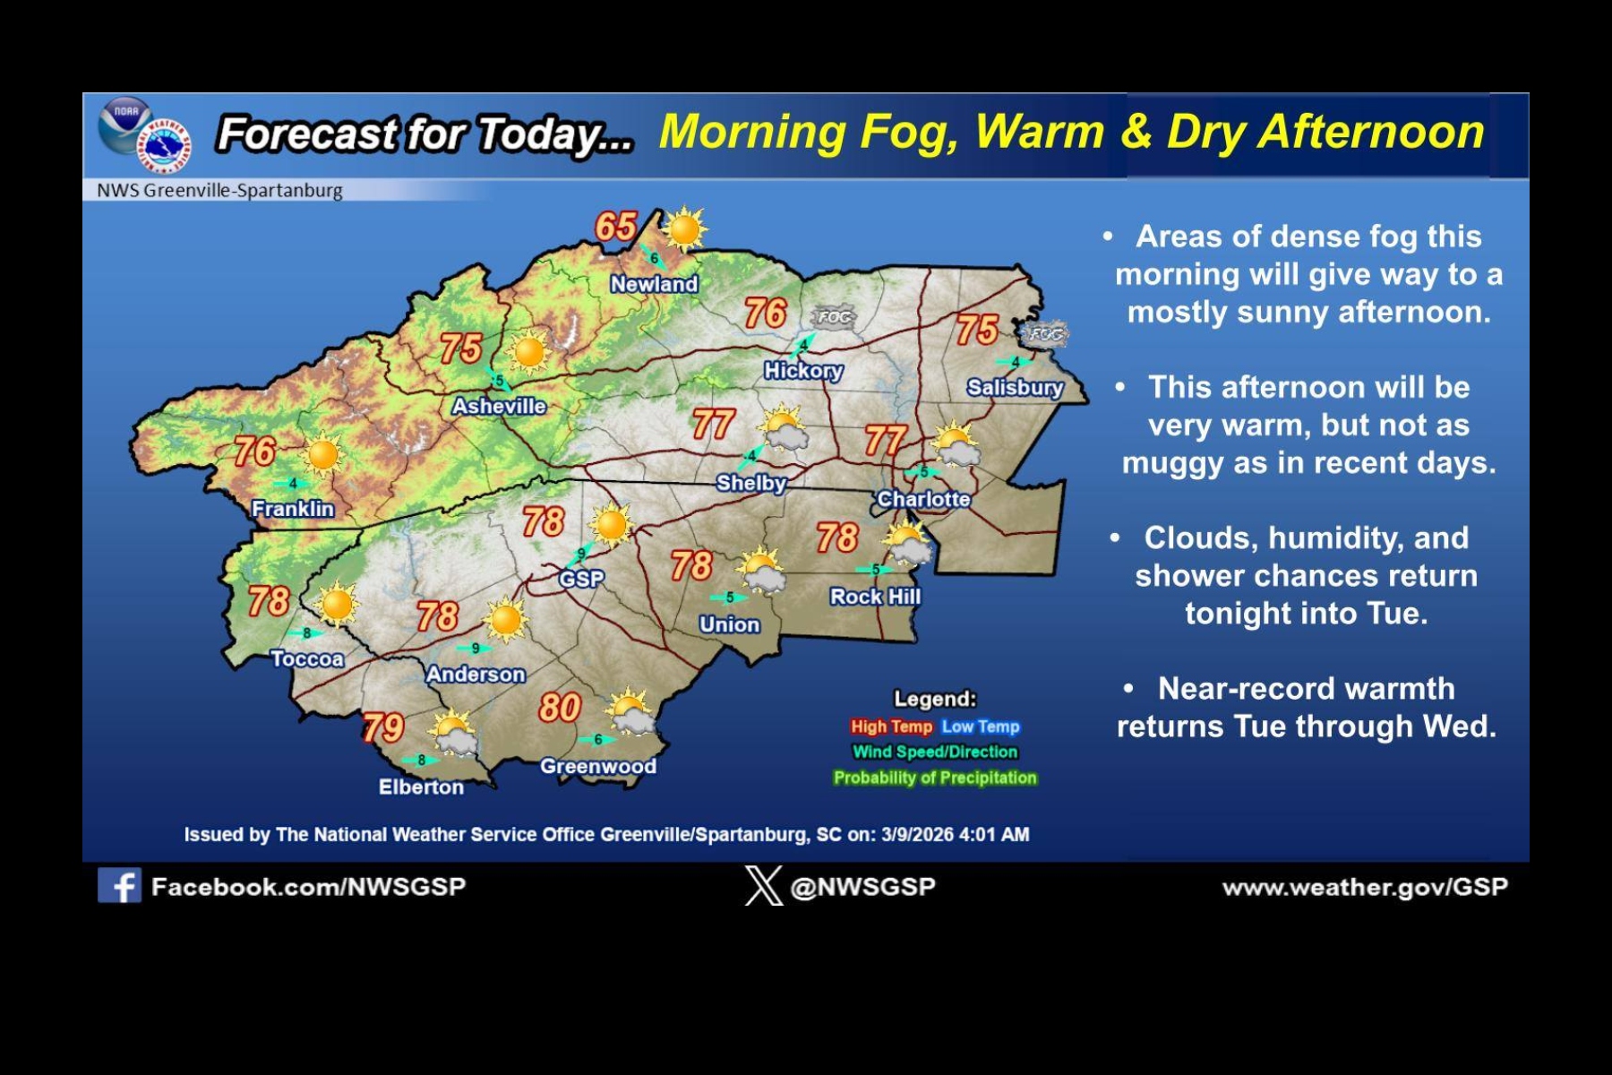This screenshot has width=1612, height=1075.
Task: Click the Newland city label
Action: point(654,284)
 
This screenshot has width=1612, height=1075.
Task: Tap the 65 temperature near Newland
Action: point(616,227)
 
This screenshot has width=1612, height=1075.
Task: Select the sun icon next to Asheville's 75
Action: point(528,352)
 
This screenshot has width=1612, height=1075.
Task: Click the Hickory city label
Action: point(803,370)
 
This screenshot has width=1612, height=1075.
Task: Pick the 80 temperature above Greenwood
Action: point(560,708)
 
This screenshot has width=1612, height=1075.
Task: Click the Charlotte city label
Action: point(923,499)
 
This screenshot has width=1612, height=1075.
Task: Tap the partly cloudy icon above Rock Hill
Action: point(907,543)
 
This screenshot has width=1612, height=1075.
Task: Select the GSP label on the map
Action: point(581,580)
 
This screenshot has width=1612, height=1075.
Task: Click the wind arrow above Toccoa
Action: point(305,632)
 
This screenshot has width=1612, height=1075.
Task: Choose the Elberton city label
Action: point(421,787)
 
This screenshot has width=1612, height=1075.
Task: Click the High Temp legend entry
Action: point(891,727)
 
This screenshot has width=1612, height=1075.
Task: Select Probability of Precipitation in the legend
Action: point(935,778)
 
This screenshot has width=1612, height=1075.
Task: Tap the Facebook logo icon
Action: point(119,886)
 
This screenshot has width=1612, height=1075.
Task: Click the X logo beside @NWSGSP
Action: point(763,886)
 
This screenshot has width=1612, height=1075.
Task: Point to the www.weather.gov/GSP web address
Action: point(1365,887)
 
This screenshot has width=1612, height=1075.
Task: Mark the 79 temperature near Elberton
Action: point(383,727)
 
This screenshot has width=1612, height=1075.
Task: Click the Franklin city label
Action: point(293,509)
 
